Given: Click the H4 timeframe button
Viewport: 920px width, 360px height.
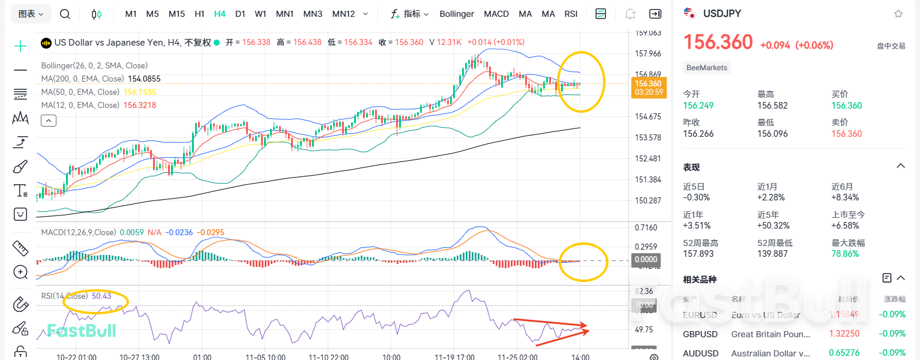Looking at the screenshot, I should point(220,14).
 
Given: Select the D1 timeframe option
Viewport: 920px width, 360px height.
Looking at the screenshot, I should point(240,14).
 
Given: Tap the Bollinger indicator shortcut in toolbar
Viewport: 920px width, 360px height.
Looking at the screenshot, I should point(457,14).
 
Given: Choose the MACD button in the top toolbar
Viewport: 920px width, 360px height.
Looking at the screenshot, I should point(496,14).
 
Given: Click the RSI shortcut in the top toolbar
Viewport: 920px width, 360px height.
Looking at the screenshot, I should point(571,14).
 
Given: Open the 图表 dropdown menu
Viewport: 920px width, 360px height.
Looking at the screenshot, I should point(31,14).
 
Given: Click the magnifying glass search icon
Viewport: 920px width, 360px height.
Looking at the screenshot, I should point(65,14).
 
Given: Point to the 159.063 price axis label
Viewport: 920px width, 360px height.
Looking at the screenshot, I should point(648,33).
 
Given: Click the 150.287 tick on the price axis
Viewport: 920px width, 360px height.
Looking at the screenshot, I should point(648,200).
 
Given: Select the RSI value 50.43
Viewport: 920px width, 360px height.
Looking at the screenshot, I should point(101,296).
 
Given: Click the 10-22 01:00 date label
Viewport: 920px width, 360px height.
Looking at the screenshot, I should point(76,357).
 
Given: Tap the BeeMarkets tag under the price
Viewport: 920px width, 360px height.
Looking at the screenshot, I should point(707,68).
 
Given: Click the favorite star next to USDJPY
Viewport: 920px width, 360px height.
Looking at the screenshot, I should point(898,13).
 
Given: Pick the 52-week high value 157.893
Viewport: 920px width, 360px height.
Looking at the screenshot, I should point(699,254).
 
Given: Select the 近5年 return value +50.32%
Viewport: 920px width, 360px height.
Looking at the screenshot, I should point(774,226).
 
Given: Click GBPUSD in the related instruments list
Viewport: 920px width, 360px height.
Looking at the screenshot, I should point(697,334).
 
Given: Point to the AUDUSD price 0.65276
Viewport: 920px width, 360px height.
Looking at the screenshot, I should point(845,353).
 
